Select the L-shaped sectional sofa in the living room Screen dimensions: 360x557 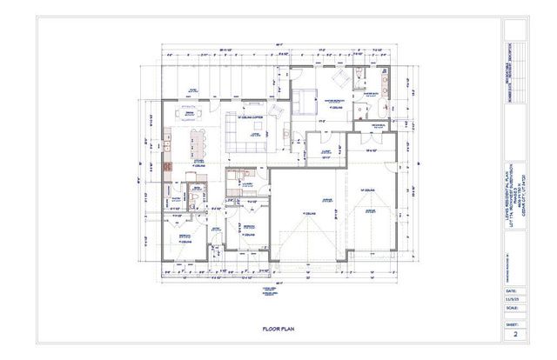point(248,131)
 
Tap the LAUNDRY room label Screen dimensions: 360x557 point(245,183)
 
